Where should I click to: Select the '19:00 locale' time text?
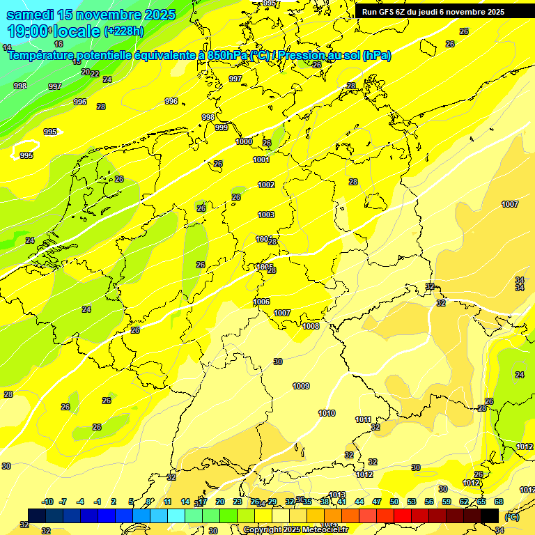pos(54,31)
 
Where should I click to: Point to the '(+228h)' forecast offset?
pos(123,31)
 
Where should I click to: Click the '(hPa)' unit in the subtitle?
pos(376,55)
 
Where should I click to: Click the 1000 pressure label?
pos(244,141)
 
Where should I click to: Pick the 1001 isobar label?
pos(261,160)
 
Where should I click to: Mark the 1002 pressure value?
pos(266,185)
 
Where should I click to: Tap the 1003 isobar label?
pos(266,215)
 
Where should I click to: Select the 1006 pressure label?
pos(262,302)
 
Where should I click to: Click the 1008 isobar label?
pos(311,326)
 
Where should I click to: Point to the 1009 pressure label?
pos(301,386)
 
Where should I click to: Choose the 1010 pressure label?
pos(327,413)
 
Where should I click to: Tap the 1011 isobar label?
pos(363,419)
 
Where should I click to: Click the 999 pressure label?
pos(222,127)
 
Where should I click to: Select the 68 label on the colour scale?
pos(499,502)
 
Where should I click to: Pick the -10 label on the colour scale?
pos(48,502)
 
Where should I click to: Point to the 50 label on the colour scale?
pos(394,502)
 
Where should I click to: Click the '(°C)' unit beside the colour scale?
pos(511,517)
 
